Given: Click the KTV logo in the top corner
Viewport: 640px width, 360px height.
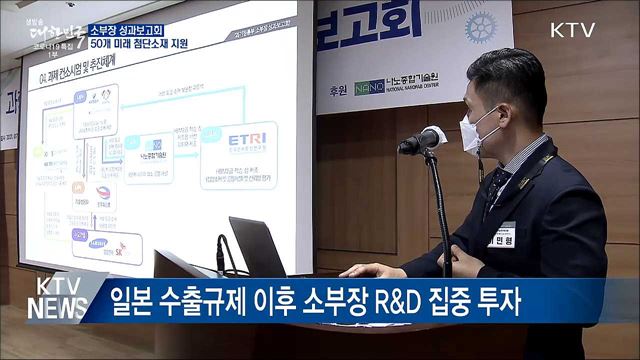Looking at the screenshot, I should click(x=573, y=30).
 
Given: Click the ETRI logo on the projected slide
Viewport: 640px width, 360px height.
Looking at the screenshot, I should click(x=244, y=139).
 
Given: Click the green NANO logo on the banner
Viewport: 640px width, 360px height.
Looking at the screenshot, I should click(x=369, y=87).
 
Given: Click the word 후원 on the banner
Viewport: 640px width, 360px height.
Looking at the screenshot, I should click(x=336, y=88).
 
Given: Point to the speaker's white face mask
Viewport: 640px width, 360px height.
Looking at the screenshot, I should click(x=478, y=131).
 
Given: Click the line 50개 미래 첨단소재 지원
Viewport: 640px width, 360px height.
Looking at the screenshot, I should click(x=139, y=45).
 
